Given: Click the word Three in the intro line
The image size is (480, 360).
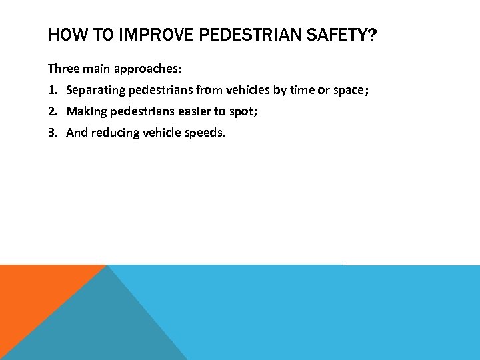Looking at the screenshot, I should click(62, 69).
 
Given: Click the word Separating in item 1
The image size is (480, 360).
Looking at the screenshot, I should click(93, 90).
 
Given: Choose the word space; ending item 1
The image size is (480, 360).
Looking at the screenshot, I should click(350, 90).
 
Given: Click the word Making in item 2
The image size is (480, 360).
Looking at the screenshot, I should click(85, 111).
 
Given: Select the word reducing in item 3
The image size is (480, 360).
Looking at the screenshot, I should click(114, 133).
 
